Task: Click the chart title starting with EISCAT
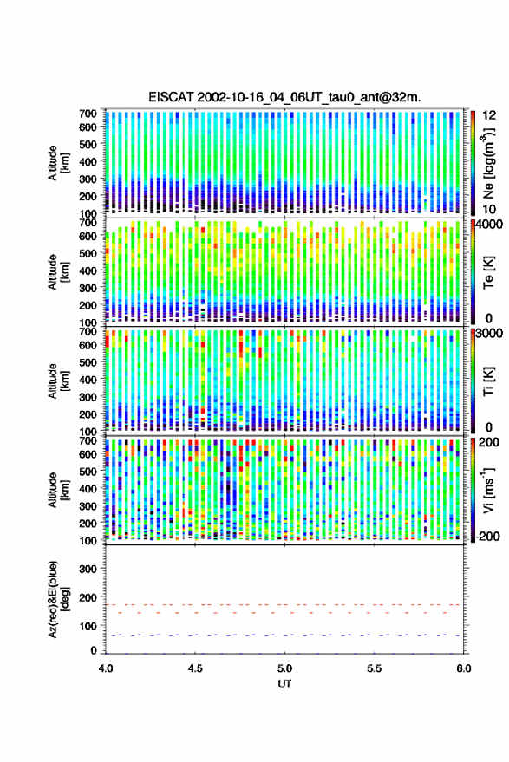click(x=284, y=97)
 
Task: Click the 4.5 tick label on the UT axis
click(x=195, y=668)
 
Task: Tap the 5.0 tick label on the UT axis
click(x=285, y=668)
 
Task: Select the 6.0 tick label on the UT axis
click(x=464, y=668)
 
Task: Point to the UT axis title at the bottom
click(x=284, y=684)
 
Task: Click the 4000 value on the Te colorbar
click(x=490, y=225)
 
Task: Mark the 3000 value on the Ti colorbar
click(x=490, y=334)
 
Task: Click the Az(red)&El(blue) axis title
click(x=57, y=600)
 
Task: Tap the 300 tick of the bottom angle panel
click(x=88, y=569)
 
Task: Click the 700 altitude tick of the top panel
click(x=88, y=114)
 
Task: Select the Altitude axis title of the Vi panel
click(x=57, y=490)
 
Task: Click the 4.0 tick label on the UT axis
click(x=106, y=668)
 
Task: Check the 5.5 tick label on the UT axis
click(x=375, y=668)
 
